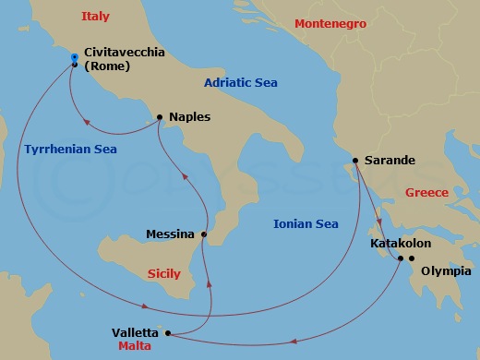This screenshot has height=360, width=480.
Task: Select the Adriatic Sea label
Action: [241, 83]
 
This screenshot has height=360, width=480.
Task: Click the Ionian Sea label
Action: [306, 223]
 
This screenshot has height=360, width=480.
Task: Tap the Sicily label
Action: [165, 273]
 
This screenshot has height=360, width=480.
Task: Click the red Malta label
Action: [134, 346]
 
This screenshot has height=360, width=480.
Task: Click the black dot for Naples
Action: [160, 117]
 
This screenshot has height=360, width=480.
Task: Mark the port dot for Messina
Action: [204, 234]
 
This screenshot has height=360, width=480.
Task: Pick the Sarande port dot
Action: [355, 161]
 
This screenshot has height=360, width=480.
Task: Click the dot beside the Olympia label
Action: [411, 258]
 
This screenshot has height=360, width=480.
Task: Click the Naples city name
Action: [190, 117]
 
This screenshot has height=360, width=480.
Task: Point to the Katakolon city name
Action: [400, 244]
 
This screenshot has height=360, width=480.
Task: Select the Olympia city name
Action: [446, 271]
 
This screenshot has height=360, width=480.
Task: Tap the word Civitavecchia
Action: [124, 53]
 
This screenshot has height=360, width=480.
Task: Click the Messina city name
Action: [170, 234]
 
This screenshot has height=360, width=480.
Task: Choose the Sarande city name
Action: [390, 161]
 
